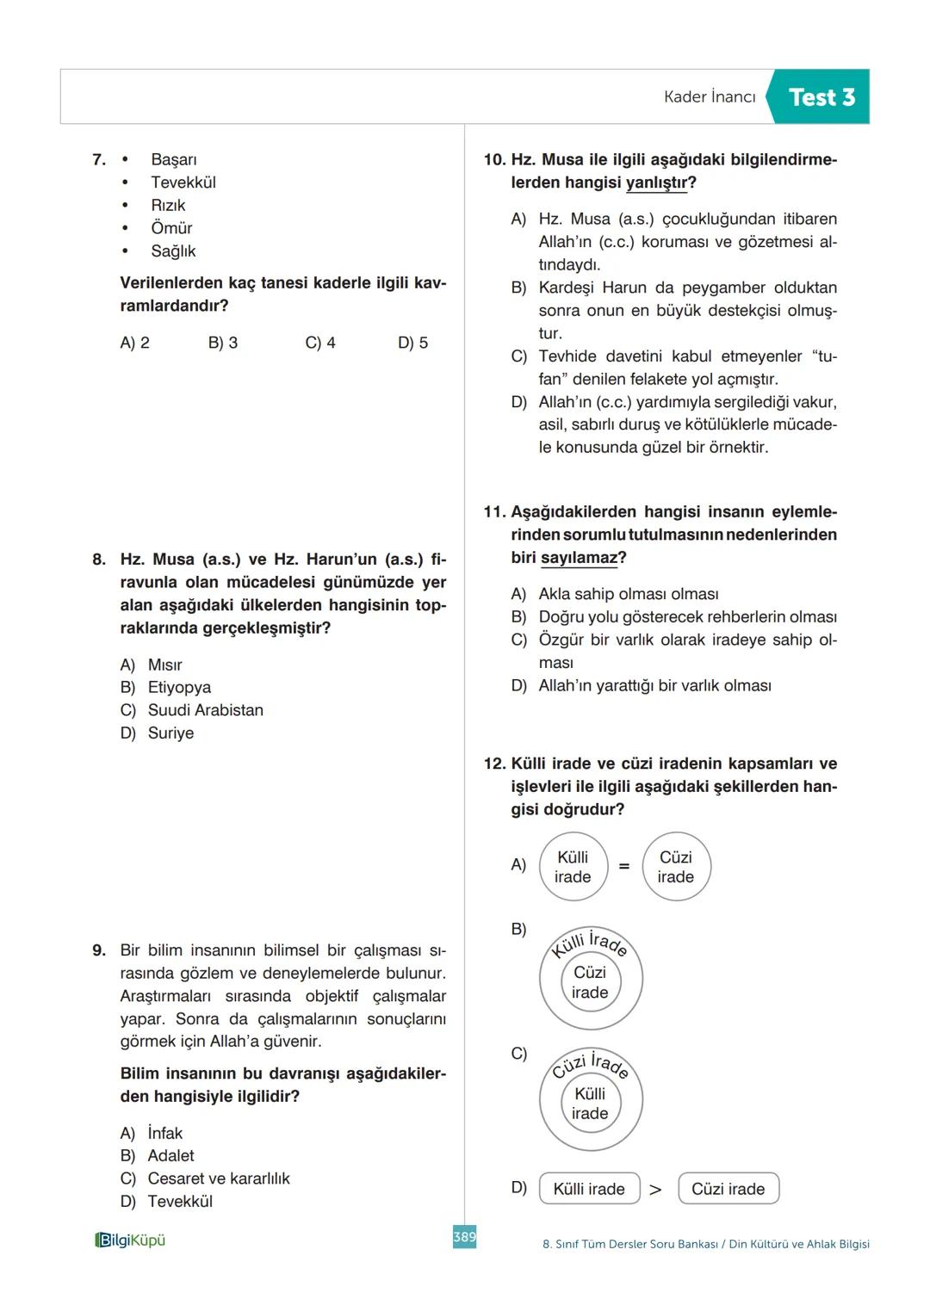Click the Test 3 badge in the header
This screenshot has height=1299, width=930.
pyautogui.click(x=821, y=97)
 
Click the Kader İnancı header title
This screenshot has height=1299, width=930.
pyautogui.click(x=709, y=97)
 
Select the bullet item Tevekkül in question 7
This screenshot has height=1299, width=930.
pyautogui.click(x=183, y=182)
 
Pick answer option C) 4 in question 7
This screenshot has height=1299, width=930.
pyautogui.click(x=320, y=343)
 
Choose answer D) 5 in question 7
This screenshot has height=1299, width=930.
pyautogui.click(x=412, y=343)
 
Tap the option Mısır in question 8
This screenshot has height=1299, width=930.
pyautogui.click(x=164, y=665)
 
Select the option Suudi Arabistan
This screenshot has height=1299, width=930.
pyautogui.click(x=205, y=710)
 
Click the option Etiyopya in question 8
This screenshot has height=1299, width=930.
pyautogui.click(x=178, y=687)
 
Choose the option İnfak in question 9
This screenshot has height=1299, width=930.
pyautogui.click(x=164, y=1133)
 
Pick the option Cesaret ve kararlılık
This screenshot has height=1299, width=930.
pyautogui.click(x=218, y=1178)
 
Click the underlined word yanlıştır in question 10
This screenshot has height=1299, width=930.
pyautogui.click(x=657, y=182)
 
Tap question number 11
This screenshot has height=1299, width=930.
pyautogui.click(x=494, y=512)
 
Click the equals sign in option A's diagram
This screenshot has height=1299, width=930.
pyautogui.click(x=624, y=866)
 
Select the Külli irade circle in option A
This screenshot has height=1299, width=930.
pyautogui.click(x=573, y=867)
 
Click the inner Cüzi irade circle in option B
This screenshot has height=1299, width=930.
pyautogui.click(x=590, y=982)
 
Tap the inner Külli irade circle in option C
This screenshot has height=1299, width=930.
pyautogui.click(x=590, y=1104)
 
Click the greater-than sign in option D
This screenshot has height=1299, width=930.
pyautogui.click(x=655, y=1190)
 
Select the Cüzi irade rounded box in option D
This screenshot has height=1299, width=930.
pyautogui.click(x=728, y=1189)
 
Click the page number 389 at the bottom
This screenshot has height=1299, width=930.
pyautogui.click(x=464, y=1237)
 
